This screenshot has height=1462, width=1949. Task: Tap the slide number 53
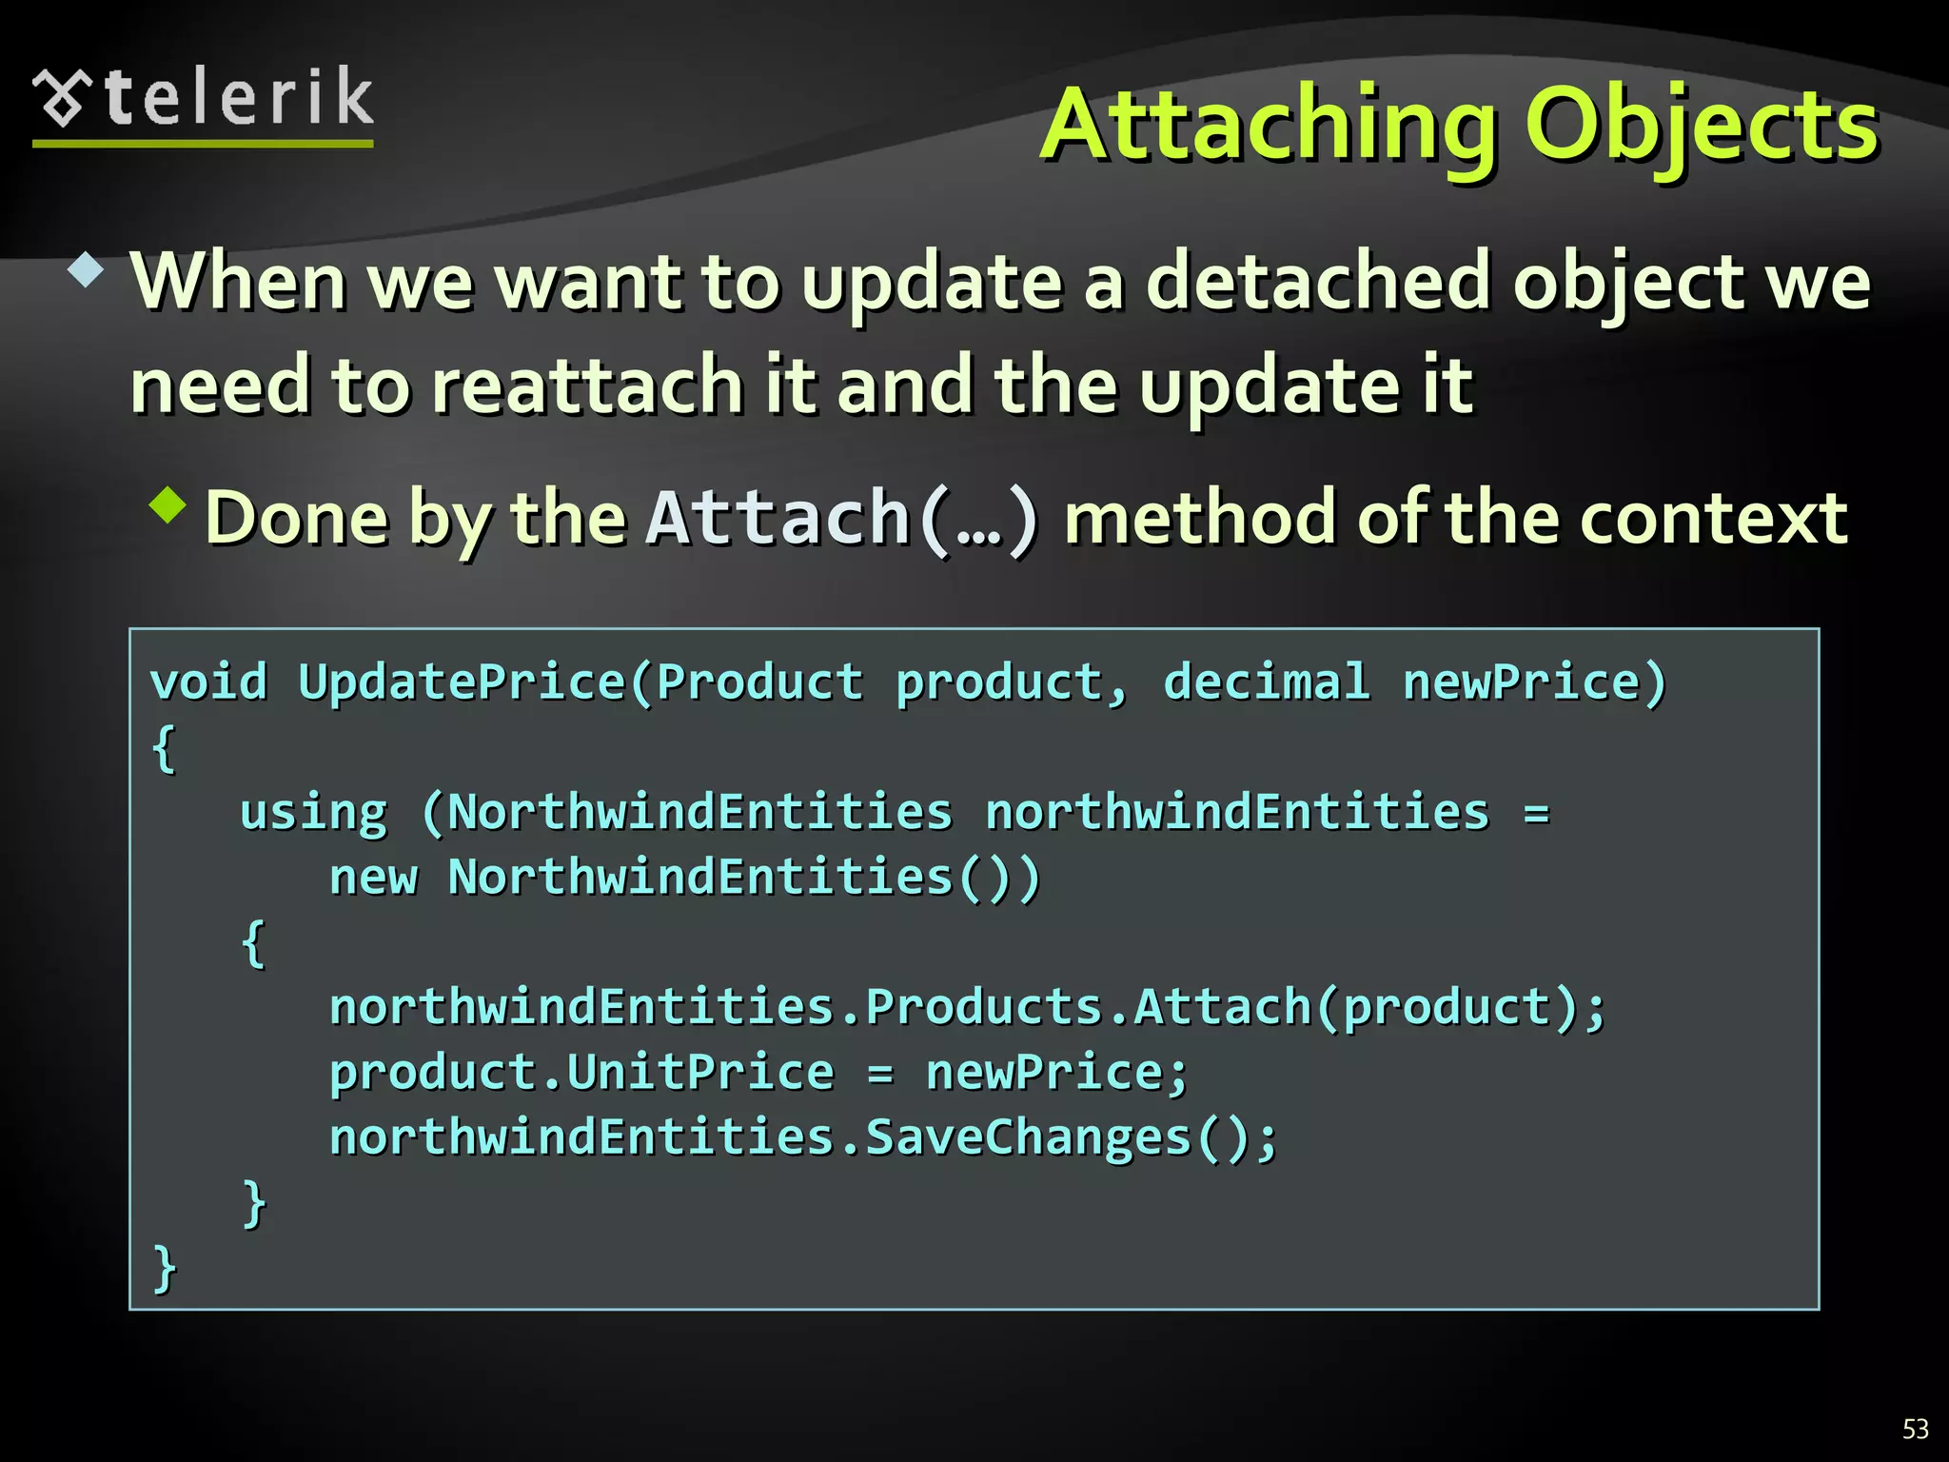point(1915,1429)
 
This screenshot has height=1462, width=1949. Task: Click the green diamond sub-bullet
point(167,504)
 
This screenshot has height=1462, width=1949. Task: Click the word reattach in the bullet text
point(587,385)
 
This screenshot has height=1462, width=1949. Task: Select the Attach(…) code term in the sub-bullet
point(841,519)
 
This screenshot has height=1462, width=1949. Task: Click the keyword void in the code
point(208,682)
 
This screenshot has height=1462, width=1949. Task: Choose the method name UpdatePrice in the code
point(462,682)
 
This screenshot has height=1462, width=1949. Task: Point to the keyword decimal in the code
point(1266,682)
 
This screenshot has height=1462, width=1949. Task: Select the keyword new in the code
point(373,878)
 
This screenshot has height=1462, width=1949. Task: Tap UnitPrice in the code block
point(700,1073)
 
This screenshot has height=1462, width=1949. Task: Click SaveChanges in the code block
point(1028,1137)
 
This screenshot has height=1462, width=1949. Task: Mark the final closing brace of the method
point(165,1268)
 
